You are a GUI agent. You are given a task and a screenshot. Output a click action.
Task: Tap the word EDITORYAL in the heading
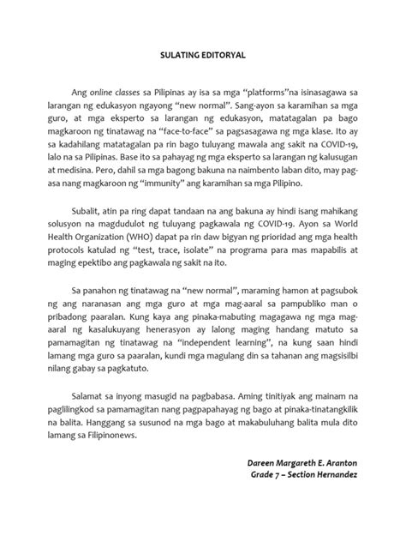(x=225, y=55)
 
